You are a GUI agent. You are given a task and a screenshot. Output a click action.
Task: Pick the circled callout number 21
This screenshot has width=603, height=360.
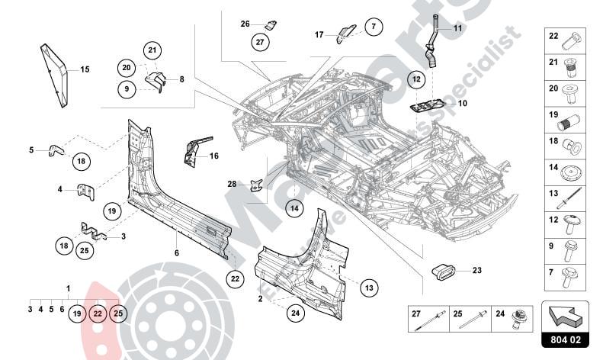[x=152, y=50]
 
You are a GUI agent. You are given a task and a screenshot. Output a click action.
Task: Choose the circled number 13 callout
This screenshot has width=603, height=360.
[x=369, y=288]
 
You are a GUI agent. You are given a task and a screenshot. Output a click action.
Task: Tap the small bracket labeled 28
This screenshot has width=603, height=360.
[x=258, y=184]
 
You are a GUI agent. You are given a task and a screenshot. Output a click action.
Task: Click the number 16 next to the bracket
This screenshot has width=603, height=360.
[x=214, y=156]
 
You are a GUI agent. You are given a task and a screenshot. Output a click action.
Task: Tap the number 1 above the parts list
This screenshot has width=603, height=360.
[x=68, y=289]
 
